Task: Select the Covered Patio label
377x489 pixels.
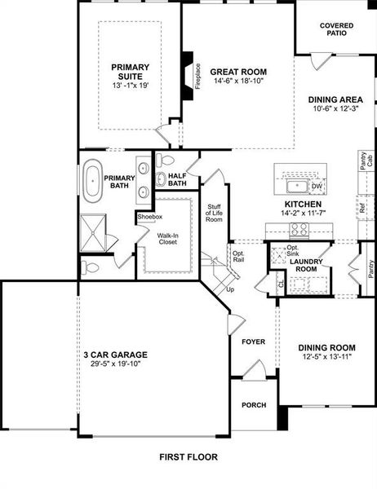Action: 336,29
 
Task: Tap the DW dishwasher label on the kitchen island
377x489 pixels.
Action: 317,187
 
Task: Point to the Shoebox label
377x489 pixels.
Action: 149,217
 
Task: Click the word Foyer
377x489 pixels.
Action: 254,341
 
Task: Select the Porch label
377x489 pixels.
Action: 254,405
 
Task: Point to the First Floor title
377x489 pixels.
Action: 188,457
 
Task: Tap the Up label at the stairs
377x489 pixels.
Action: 230,289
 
